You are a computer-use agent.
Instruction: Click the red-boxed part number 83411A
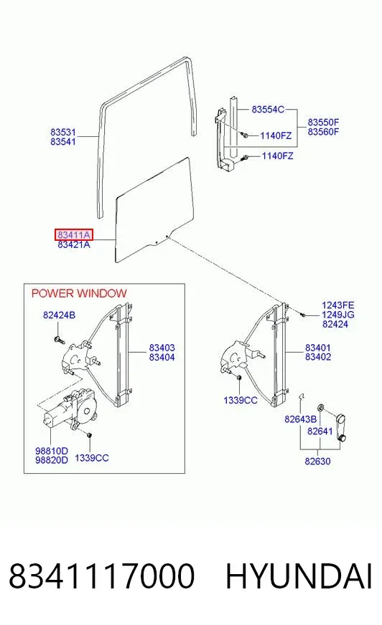[x=74, y=235]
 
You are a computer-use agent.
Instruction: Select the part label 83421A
[x=74, y=244]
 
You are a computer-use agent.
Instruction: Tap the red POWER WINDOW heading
[x=79, y=293]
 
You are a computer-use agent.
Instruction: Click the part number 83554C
[x=268, y=109]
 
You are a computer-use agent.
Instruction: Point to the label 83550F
[x=323, y=123]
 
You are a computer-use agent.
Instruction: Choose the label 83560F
[x=323, y=132]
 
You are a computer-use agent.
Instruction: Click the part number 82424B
[x=59, y=315]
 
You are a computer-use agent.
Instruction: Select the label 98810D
[x=52, y=451]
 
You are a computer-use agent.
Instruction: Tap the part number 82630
[x=317, y=461]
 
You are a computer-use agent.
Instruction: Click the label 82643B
[x=301, y=419]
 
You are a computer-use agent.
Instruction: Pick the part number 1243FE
[x=337, y=305]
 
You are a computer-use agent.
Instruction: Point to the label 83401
[x=318, y=348]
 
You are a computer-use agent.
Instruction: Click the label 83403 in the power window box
[x=162, y=348]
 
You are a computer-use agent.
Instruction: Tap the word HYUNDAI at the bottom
[x=299, y=576]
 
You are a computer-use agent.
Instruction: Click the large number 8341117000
[x=102, y=576]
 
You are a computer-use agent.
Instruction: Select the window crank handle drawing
[x=340, y=427]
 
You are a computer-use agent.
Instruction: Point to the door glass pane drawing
[x=154, y=210]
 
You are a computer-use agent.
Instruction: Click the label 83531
[x=63, y=132]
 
